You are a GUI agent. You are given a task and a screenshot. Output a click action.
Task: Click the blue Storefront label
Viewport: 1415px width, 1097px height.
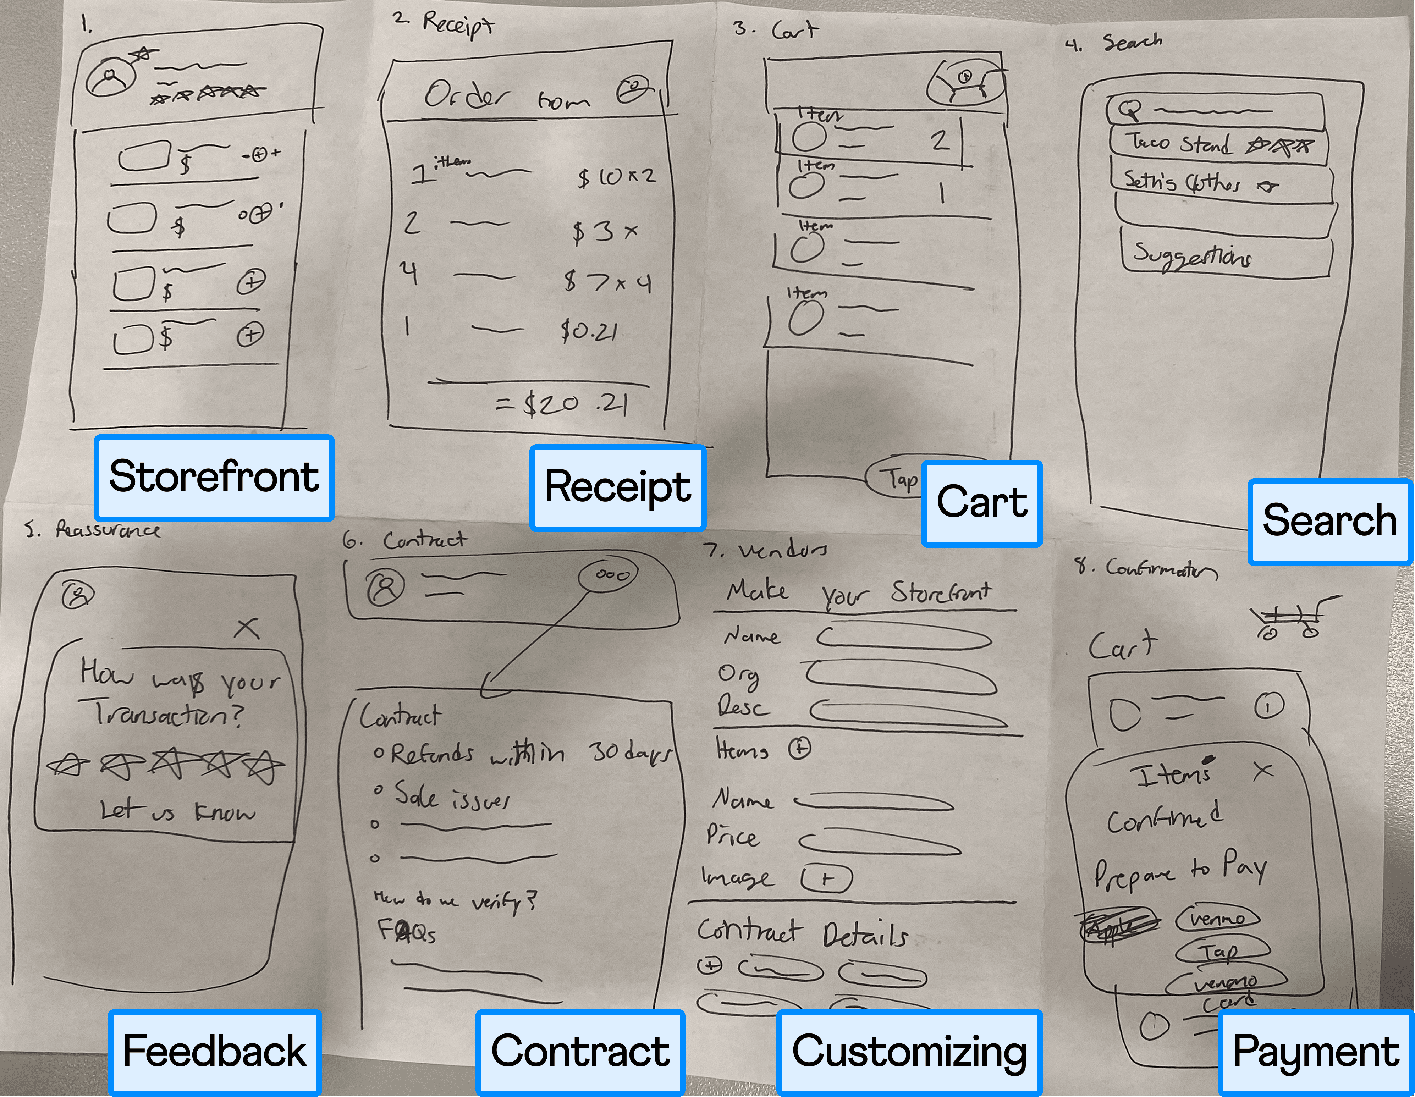(214, 478)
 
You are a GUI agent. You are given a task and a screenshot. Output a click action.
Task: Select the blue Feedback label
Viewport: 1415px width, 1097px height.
(214, 1051)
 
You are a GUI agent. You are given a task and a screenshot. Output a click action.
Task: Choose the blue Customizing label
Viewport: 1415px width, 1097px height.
(909, 1051)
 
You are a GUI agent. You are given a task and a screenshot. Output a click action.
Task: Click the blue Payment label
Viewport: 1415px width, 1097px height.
(1315, 1051)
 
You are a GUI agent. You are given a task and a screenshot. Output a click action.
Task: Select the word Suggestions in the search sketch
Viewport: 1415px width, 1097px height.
(1192, 256)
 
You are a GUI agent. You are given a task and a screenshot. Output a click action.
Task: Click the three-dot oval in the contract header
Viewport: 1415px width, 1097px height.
(608, 575)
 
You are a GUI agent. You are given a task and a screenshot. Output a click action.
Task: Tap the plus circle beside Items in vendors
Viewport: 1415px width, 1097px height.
(799, 748)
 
